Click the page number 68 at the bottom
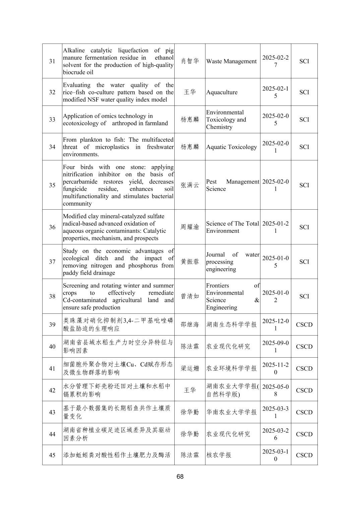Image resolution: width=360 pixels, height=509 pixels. click(x=180, y=477)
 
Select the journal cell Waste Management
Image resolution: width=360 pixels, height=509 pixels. click(x=231, y=61)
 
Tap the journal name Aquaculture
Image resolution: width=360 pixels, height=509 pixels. click(x=222, y=92)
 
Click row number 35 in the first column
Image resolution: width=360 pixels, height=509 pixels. click(x=52, y=185)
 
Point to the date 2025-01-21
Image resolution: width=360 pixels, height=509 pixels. click(x=275, y=227)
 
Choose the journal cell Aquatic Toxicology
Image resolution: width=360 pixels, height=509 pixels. click(x=231, y=147)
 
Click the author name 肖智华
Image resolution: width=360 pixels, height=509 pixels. click(x=190, y=61)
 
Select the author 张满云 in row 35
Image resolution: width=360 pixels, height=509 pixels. click(x=190, y=185)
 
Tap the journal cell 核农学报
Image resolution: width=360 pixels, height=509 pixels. click(x=219, y=455)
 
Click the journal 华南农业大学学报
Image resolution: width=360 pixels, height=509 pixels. click(x=231, y=412)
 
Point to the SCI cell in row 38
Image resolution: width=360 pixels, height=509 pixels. click(x=304, y=296)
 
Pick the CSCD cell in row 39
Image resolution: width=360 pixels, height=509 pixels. click(x=304, y=325)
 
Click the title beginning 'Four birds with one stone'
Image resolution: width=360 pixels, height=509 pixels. click(x=118, y=185)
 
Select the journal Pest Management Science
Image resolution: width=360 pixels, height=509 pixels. click(x=232, y=185)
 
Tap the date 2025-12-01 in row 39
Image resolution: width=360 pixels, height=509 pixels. click(x=275, y=325)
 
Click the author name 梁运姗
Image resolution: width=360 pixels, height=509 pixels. click(x=190, y=369)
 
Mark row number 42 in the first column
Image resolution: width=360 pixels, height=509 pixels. click(x=52, y=390)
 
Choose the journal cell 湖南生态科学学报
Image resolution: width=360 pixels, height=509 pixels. click(x=231, y=325)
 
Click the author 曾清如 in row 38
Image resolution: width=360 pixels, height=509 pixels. click(x=190, y=296)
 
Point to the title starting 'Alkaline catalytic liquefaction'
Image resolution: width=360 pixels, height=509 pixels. click(x=118, y=61)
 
